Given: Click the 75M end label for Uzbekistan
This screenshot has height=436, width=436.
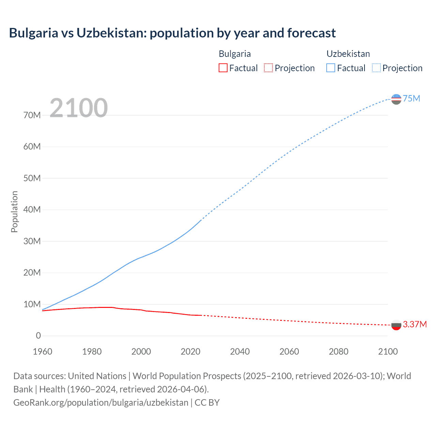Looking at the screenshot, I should click(x=411, y=98).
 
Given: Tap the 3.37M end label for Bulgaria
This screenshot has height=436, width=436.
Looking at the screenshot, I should click(x=415, y=324).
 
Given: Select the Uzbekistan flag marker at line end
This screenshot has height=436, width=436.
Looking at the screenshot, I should click(x=396, y=99).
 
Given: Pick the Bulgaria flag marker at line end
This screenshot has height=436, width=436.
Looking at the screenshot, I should click(x=396, y=325).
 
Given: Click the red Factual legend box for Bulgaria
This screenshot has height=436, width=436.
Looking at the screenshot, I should click(x=223, y=68).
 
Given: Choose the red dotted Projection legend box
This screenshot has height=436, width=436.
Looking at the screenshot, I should click(x=268, y=68).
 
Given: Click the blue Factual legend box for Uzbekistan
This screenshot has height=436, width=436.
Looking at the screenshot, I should click(x=331, y=68).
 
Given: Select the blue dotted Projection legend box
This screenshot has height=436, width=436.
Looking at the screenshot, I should click(x=376, y=68).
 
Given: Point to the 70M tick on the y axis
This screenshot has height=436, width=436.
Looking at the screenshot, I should click(x=32, y=115).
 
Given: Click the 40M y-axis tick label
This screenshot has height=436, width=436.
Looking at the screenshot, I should click(x=32, y=209).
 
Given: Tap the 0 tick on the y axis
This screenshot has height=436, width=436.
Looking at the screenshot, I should click(x=38, y=336).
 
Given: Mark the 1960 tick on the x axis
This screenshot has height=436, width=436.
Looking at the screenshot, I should click(x=43, y=352).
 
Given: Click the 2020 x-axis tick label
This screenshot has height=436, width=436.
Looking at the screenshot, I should click(x=190, y=352).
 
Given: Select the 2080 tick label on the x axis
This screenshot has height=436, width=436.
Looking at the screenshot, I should click(x=339, y=352).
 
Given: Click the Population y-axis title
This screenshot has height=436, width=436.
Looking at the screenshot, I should click(x=14, y=212).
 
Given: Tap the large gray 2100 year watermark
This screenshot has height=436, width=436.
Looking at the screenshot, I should click(x=79, y=108).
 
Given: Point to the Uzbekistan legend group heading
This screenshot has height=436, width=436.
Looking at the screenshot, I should click(x=348, y=54).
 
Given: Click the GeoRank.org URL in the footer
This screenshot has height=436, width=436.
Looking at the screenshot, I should click(x=101, y=403).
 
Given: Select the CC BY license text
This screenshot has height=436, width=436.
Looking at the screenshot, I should click(x=207, y=403).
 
